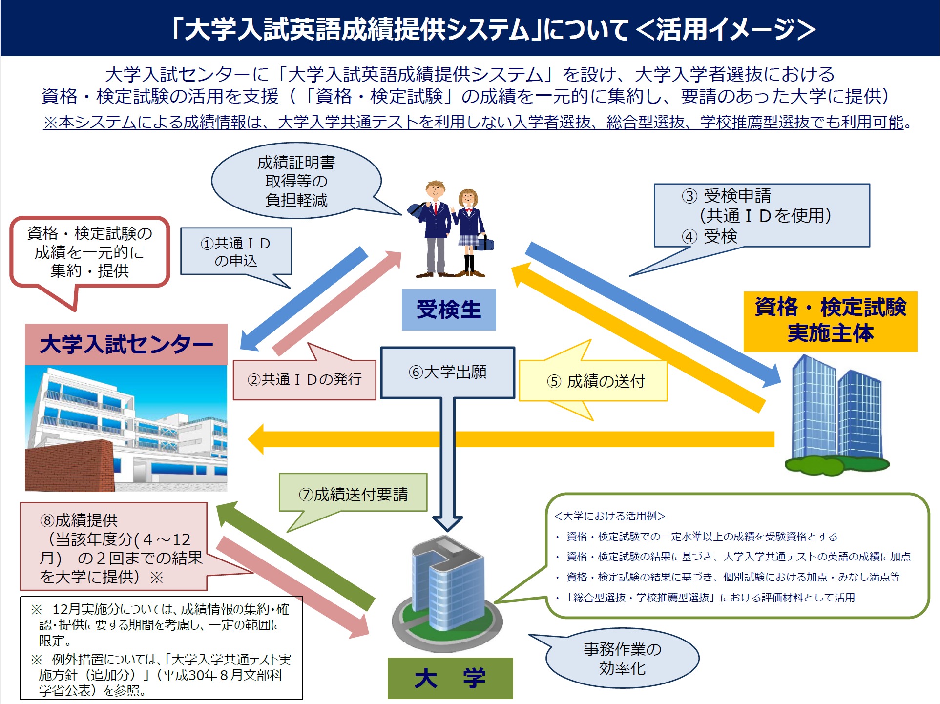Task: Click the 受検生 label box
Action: tap(448, 310)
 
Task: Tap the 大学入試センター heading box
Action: tap(126, 344)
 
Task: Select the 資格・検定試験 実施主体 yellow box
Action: tap(830, 321)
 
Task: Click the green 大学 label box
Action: tap(450, 678)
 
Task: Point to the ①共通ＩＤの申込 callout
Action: tap(236, 251)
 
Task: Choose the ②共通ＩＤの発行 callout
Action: tap(304, 380)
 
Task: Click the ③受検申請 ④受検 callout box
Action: tap(761, 215)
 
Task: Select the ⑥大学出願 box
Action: tap(447, 373)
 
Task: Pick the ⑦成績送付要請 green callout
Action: tap(353, 493)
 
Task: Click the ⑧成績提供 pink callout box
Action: tap(113, 547)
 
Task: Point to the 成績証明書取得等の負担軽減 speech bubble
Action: tap(296, 181)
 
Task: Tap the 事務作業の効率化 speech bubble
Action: tap(622, 658)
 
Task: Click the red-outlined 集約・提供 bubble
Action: tap(90, 252)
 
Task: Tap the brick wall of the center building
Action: tap(68, 466)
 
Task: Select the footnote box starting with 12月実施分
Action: tap(161, 648)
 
